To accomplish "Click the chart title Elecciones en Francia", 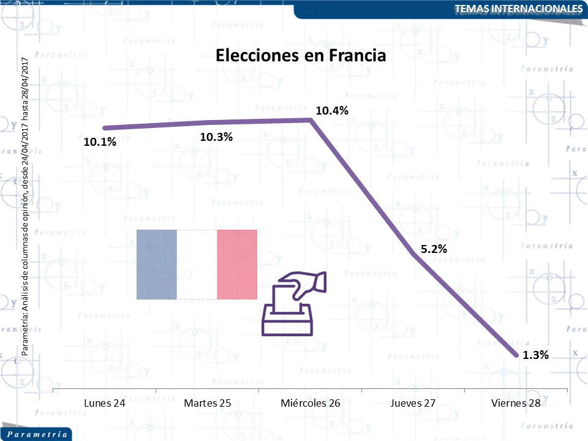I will click(301, 56).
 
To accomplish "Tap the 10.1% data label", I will click(100, 142).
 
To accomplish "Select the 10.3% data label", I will click(216, 137).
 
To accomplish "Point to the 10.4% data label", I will click(331, 111).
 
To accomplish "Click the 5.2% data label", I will click(434, 249).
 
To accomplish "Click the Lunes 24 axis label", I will click(105, 403).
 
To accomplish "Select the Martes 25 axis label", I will click(208, 403).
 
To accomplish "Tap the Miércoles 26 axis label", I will click(311, 403).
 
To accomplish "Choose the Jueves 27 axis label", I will click(413, 403).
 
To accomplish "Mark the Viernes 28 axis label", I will click(516, 403).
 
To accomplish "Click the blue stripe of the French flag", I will click(156, 265).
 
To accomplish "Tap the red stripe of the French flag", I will click(237, 265).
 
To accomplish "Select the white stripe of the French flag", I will click(197, 265).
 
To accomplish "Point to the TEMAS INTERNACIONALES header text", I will click(519, 9).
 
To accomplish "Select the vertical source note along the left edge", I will click(25, 206).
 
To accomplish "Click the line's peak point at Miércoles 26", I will click(311, 120).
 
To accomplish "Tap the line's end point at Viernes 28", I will click(516, 355).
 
